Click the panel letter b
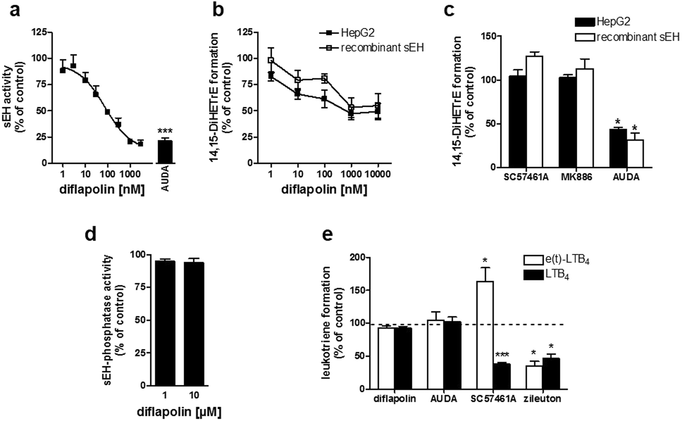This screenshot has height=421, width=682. pos(218,10)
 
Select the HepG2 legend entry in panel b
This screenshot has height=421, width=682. pos(356,33)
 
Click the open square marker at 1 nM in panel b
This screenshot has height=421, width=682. pos(271,60)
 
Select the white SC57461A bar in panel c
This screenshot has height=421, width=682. pos(535,112)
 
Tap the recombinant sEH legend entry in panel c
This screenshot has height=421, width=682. pos(628,37)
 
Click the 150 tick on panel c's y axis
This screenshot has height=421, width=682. pos(493,36)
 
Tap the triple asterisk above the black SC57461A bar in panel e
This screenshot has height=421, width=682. pos(502,355)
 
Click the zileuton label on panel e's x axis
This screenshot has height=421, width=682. pos(542,399)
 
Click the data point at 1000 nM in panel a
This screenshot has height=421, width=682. pos(130,141)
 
